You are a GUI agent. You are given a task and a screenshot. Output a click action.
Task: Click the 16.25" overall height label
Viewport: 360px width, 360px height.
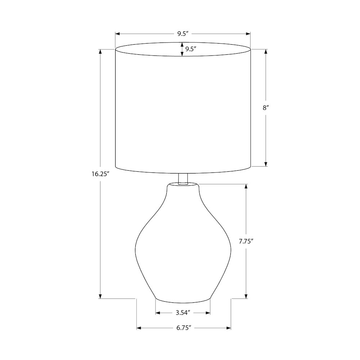[x=100, y=174]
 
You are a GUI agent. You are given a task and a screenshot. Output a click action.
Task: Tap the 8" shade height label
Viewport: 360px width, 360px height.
[x=266, y=108]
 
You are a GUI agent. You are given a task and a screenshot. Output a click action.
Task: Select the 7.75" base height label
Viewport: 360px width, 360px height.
[x=246, y=241]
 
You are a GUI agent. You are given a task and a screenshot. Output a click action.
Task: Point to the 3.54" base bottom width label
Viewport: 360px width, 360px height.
[x=183, y=313]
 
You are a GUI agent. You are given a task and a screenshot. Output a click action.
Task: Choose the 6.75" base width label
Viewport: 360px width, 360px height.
[x=184, y=328]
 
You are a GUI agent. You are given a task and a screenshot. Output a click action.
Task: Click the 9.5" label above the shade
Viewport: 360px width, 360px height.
[x=183, y=34]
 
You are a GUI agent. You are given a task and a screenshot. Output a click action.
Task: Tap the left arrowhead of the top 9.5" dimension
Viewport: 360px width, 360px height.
[x=117, y=34]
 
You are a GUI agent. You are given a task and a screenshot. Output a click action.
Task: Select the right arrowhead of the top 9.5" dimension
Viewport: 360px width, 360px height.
[x=248, y=34]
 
